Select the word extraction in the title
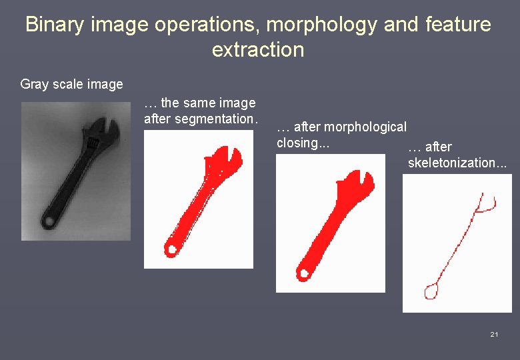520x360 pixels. pyautogui.click(x=258, y=49)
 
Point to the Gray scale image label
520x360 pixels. pyautogui.click(x=72, y=84)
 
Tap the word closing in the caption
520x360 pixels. pyautogui.click(x=301, y=143)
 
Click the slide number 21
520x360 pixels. pyautogui.click(x=494, y=334)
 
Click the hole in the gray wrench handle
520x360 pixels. pyautogui.click(x=48, y=221)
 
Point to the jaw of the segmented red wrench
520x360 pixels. pyautogui.click(x=221, y=160)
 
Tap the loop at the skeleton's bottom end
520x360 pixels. pyautogui.click(x=431, y=291)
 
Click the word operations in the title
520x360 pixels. pyautogui.click(x=206, y=25)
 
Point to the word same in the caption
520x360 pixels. pyautogui.click(x=198, y=103)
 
